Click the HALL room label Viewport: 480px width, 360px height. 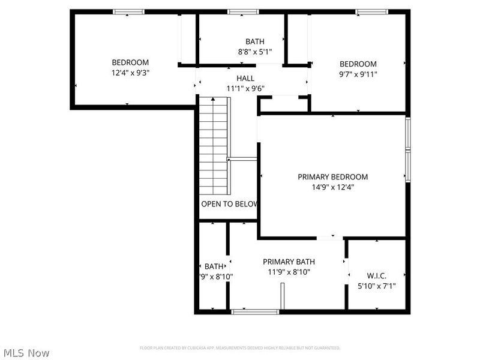tap(245, 78)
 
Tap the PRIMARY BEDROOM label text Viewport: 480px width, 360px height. tap(332, 177)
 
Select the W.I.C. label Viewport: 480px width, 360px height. tap(376, 276)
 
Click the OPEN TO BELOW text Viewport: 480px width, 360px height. tap(229, 204)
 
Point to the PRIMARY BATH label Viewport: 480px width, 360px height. tap(289, 262)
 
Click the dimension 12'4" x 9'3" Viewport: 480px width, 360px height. tap(130, 73)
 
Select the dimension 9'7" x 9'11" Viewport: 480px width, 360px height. tap(358, 74)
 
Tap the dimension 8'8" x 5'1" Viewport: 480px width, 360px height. tap(254, 52)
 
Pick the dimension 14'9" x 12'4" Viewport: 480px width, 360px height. tap(332, 187)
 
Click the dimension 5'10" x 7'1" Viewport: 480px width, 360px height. tap(376, 286)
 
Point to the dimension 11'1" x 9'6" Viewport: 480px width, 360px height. tap(245, 88)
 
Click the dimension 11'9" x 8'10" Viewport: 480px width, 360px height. tap(289, 272)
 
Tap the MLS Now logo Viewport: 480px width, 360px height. tap(26, 353)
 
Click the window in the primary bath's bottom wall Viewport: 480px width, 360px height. tap(255, 311)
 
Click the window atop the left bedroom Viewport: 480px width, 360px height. tap(129, 11)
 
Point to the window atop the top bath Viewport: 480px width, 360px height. tap(242, 11)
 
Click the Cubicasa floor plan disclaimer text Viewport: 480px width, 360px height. tap(240, 348)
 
